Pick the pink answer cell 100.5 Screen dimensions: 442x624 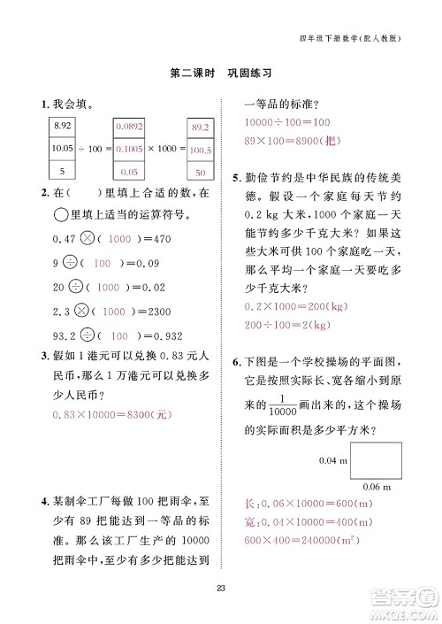click(200, 150)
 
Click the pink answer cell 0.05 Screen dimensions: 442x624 click(129, 172)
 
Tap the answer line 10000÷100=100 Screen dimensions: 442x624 click(286, 121)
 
